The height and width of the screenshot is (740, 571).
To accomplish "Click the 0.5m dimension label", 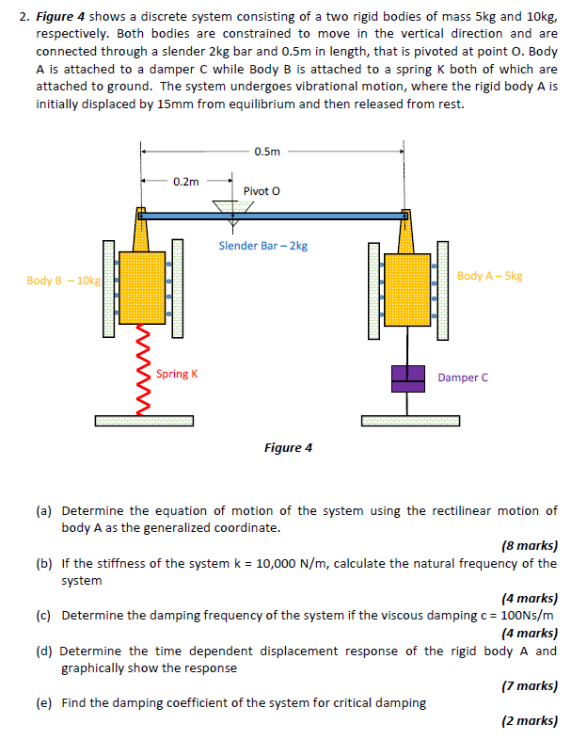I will click(x=267, y=150).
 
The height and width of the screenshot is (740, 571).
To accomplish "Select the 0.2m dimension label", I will click(x=186, y=181).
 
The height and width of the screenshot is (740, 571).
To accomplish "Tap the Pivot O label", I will click(x=262, y=191).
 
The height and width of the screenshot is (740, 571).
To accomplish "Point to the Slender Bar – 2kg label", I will click(x=262, y=246).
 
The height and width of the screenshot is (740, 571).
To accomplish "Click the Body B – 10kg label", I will click(x=63, y=281).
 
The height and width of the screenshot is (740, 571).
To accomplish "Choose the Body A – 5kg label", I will click(x=489, y=276).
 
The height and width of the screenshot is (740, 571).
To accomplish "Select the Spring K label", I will click(x=177, y=374).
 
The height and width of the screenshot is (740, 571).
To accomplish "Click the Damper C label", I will click(x=463, y=378).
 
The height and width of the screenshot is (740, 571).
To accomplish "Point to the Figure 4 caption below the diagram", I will click(x=288, y=447).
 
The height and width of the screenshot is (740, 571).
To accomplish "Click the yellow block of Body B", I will click(x=142, y=282).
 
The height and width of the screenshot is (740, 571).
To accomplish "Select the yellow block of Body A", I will click(x=407, y=282).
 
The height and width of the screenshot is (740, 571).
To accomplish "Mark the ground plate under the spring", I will click(x=144, y=420).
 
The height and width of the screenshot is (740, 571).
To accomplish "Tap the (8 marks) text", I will click(x=530, y=545).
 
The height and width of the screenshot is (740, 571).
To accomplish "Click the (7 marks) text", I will click(x=530, y=686).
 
